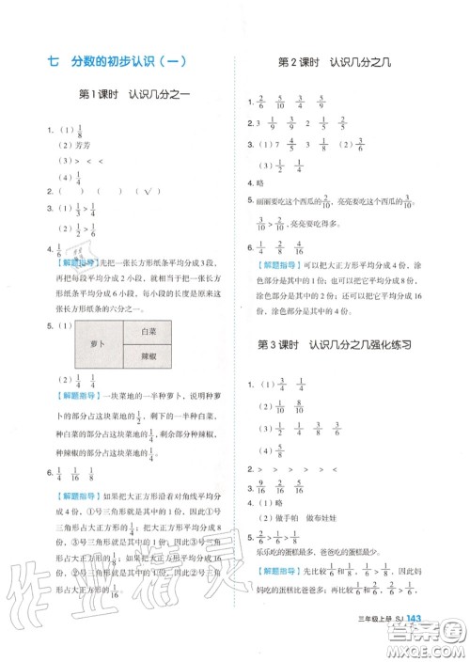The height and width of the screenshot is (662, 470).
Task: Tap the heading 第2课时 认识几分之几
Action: click(348, 62)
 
